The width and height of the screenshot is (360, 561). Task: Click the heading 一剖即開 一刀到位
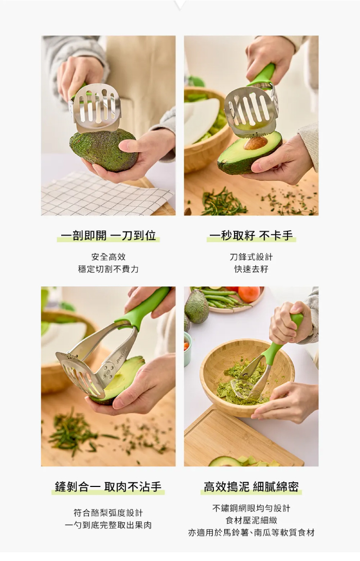[x=109, y=236]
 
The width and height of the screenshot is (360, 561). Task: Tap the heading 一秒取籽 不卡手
[x=251, y=236]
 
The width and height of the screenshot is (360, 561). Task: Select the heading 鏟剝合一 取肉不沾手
[x=108, y=486]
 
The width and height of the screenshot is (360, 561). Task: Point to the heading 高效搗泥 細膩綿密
[x=251, y=486]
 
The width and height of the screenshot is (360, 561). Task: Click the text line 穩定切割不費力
[x=108, y=269]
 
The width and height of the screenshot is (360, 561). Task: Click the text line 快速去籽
[x=251, y=269]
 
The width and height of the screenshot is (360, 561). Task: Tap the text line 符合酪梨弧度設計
[x=108, y=513]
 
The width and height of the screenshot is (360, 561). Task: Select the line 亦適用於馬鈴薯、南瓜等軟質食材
[x=251, y=533]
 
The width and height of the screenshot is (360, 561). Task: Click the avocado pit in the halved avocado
[x=256, y=143]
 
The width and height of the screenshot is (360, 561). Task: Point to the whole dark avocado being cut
[x=103, y=150]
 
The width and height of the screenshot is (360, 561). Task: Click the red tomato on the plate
[x=249, y=294]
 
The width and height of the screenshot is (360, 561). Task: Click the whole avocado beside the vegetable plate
[x=196, y=306]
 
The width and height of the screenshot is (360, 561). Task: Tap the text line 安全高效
[x=108, y=257]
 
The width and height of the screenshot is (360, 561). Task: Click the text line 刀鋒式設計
[x=251, y=257]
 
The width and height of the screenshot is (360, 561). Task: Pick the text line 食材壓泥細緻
[x=251, y=520]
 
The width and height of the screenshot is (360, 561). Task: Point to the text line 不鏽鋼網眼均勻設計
[x=251, y=509]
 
